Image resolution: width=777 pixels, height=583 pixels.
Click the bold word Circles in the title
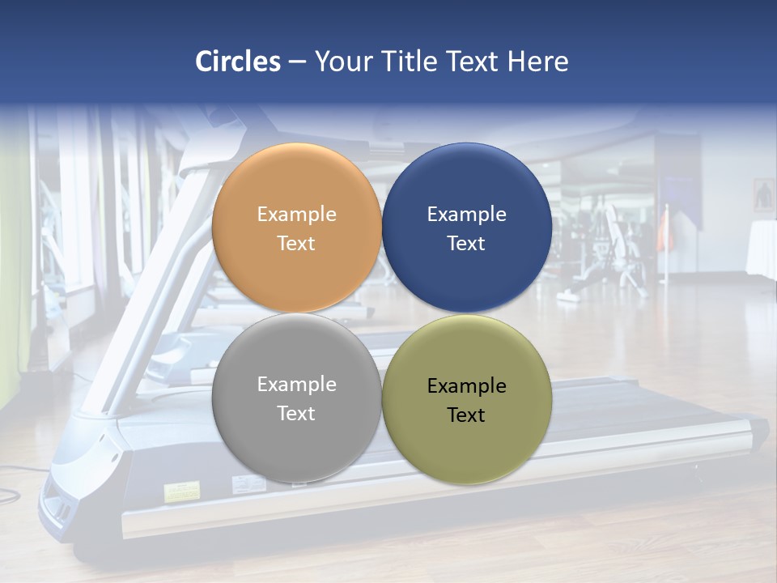[238, 62]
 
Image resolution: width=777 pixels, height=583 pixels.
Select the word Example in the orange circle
[296, 215]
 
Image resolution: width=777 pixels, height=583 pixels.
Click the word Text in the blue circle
[466, 244]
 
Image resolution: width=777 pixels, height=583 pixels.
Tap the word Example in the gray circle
[296, 385]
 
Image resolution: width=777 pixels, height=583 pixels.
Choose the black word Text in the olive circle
[466, 415]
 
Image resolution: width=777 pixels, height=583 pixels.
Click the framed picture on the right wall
[763, 195]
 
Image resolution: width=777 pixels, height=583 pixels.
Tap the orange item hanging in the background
[664, 231]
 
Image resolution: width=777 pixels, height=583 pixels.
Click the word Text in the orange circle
[296, 244]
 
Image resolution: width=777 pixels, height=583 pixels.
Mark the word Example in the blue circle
[466, 215]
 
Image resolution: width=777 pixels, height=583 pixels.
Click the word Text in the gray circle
[296, 414]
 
